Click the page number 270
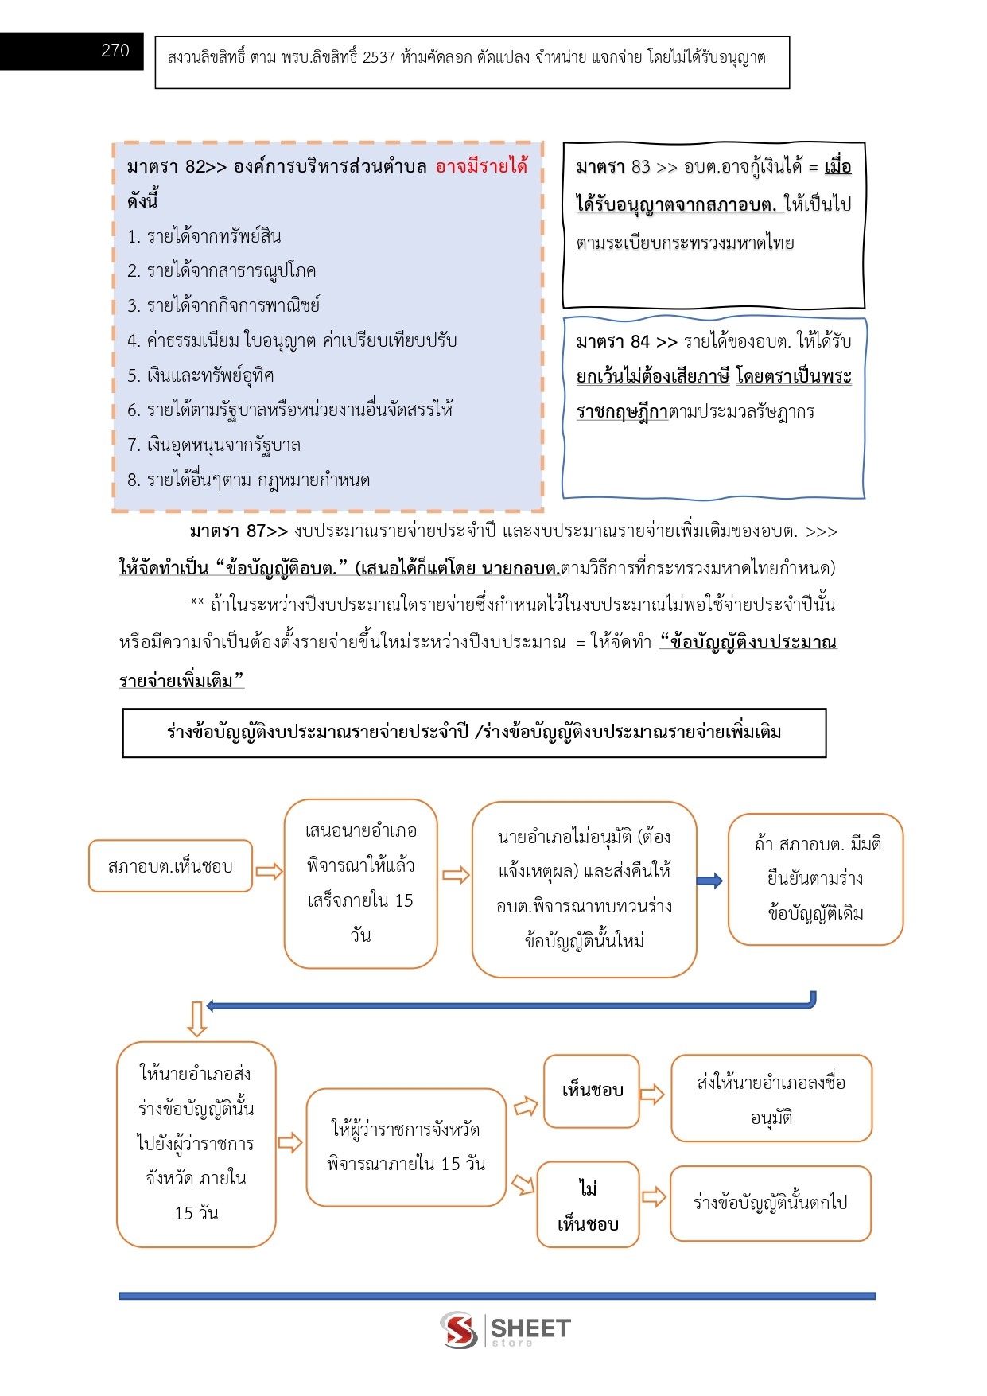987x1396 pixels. (x=115, y=50)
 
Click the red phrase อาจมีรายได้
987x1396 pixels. (x=481, y=166)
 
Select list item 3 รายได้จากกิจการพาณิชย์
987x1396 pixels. (x=223, y=305)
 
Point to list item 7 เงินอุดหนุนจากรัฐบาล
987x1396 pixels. (x=214, y=445)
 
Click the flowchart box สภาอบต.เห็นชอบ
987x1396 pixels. (x=170, y=865)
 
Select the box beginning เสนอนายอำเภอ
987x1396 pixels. (x=360, y=883)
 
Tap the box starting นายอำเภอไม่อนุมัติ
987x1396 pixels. (x=584, y=889)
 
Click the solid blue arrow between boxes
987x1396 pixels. (x=709, y=881)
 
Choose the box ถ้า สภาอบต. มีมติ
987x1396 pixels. (x=815, y=878)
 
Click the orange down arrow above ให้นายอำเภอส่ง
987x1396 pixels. (x=196, y=1019)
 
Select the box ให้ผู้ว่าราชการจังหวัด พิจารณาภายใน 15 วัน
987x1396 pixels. (x=406, y=1146)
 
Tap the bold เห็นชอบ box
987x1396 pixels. (x=592, y=1091)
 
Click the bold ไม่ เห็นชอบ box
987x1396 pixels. (x=588, y=1204)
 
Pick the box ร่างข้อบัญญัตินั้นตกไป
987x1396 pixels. (x=770, y=1203)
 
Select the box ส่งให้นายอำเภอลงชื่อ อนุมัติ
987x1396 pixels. (x=771, y=1099)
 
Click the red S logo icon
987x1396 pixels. (x=459, y=1330)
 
